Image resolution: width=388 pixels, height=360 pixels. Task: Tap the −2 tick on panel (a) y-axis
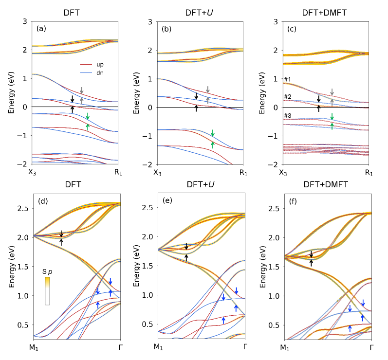pyautogui.click(x=24, y=164)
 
